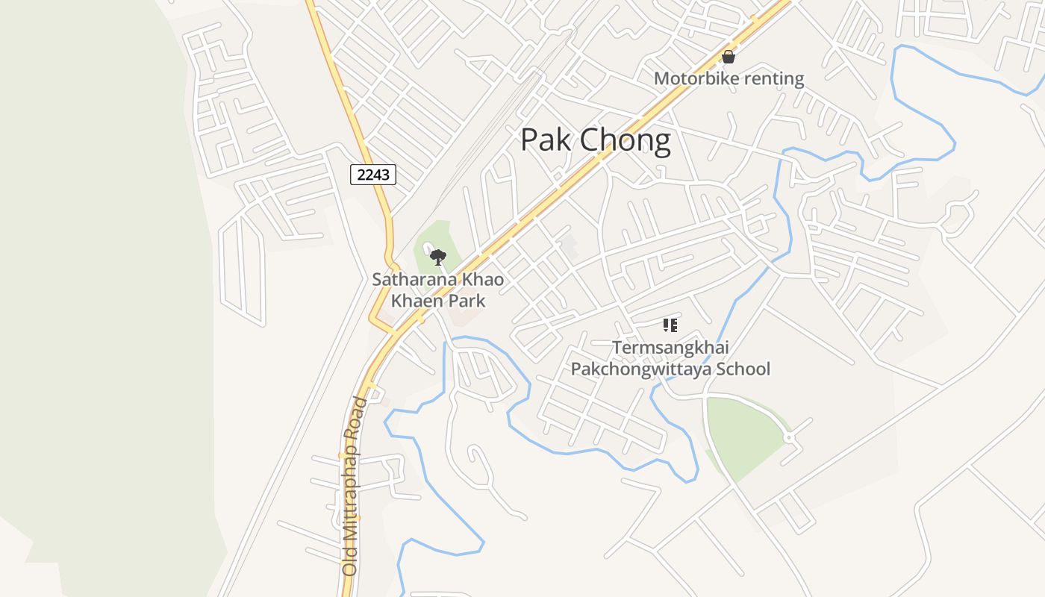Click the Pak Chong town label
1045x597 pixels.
tap(595, 140)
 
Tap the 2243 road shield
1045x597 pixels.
tap(373, 175)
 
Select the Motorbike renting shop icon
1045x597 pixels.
tap(729, 57)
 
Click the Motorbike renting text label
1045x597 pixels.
tap(729, 78)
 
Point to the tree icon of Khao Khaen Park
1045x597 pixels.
tap(438, 258)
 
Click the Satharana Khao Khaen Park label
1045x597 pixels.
tap(438, 290)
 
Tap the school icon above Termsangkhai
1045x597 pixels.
tap(670, 325)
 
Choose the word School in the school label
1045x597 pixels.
tap(743, 369)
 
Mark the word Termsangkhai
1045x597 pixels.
tap(670, 348)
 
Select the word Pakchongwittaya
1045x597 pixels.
tap(641, 369)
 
